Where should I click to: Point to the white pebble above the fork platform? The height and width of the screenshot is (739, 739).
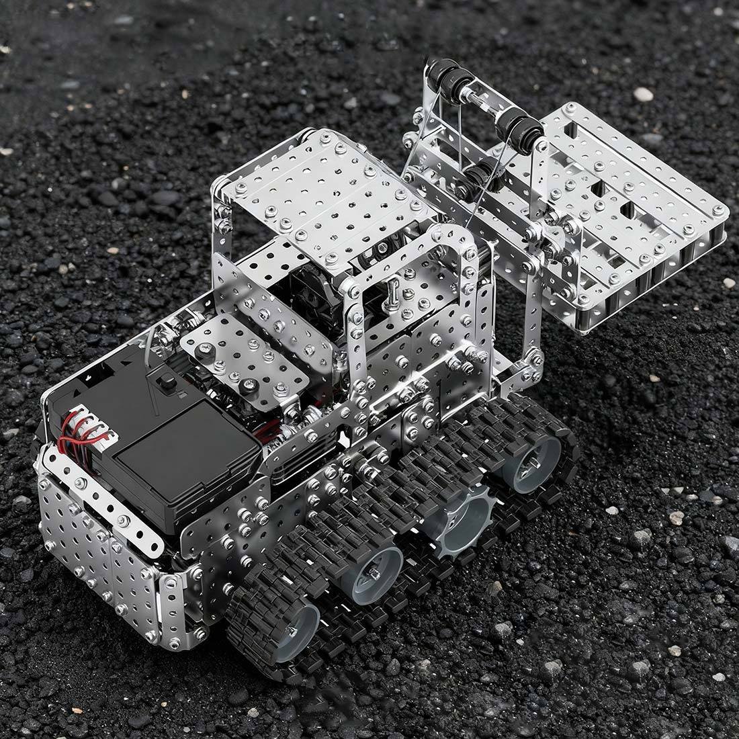click(x=643, y=94)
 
